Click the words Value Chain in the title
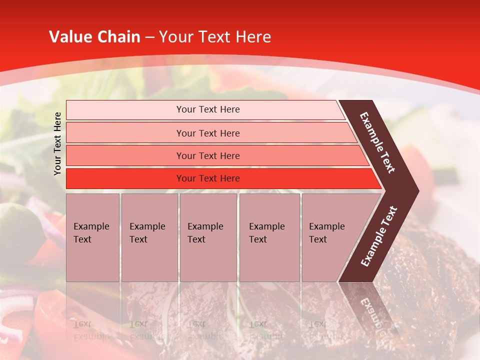click(94, 37)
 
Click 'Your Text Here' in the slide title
click(215, 37)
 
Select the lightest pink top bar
click(125, 110)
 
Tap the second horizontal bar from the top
click(125, 133)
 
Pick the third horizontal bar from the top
click(125, 155)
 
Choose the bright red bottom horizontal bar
click(125, 178)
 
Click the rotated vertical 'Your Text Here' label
click(57, 143)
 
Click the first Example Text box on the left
click(92, 237)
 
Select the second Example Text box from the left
click(149, 237)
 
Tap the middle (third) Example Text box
click(208, 237)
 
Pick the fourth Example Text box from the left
click(269, 237)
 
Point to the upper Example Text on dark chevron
click(377, 142)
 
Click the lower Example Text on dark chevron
click(379, 236)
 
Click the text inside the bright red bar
click(208, 178)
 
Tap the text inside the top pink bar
click(208, 109)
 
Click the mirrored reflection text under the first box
click(91, 330)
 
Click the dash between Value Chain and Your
click(149, 37)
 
